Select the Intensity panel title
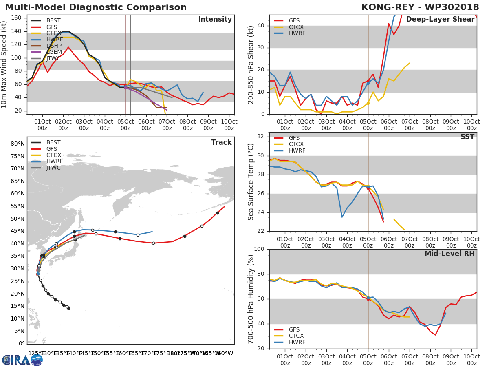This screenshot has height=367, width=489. point(215,20)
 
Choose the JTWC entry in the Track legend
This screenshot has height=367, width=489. point(53,168)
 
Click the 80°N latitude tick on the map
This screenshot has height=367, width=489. point(18,144)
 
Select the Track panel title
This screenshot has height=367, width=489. point(221,142)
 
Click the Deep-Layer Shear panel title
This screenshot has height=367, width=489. point(440,20)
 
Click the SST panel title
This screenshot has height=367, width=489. point(467,137)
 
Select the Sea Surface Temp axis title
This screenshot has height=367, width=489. point(251,181)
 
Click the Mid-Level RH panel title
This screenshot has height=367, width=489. point(449,254)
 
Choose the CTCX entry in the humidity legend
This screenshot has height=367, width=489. point(296,336)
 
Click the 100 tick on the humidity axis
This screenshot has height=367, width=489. point(260,249)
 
